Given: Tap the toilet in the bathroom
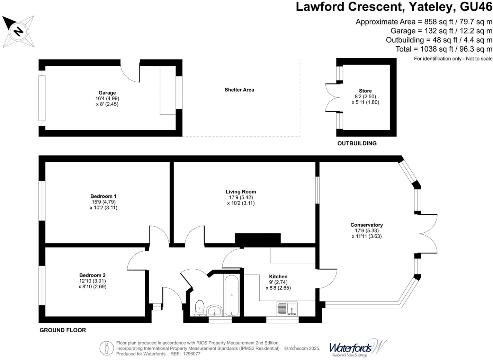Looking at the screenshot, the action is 200,308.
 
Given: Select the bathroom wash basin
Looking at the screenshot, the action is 214,310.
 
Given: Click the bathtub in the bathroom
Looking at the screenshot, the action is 231,295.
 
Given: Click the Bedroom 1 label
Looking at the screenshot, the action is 104,196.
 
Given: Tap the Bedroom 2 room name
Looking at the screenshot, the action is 92,275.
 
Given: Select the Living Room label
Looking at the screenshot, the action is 241,192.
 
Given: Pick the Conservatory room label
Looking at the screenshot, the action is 367,225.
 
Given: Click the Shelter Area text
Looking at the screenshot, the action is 239,90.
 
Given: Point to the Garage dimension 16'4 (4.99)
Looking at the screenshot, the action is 107,98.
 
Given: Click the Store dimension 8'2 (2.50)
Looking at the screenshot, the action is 365,96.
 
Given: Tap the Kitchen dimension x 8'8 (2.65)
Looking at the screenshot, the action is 278,288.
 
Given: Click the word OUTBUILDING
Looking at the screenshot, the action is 357,143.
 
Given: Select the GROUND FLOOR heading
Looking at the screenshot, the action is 63,330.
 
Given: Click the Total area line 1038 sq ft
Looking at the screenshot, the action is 444,49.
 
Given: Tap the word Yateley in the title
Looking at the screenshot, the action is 432,7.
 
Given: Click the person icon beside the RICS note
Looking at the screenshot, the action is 107,349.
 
